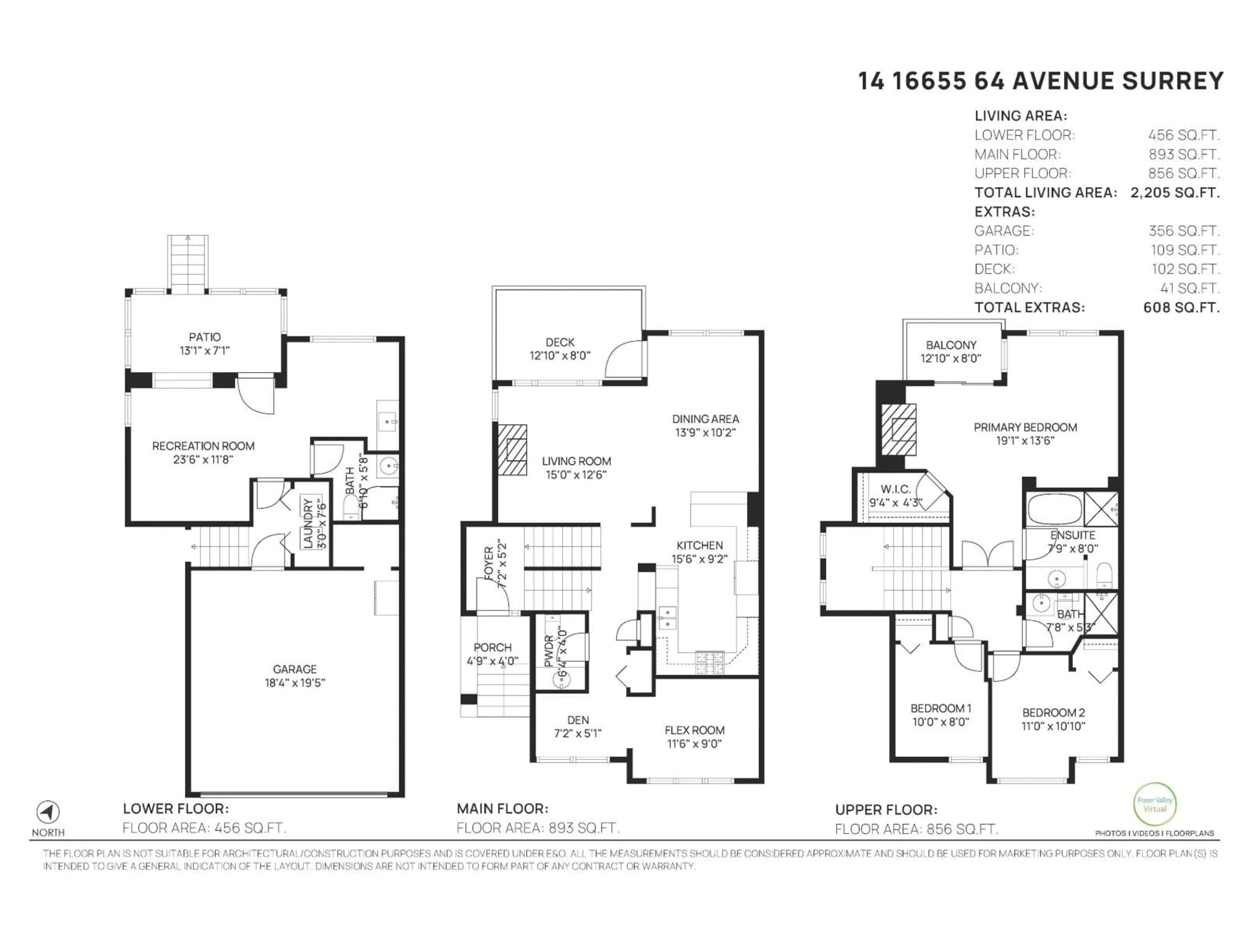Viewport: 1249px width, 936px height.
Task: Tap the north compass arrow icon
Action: coord(48,812)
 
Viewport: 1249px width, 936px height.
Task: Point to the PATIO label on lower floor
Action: coord(204,337)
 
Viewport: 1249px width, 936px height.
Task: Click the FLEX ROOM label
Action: coord(694,730)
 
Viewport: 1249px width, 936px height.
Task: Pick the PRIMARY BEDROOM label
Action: coord(1025,427)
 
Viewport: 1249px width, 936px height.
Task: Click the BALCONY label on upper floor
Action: coord(951,345)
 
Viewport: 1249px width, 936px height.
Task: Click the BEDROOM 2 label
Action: coord(1053,713)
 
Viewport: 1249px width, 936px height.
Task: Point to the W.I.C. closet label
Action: coord(895,489)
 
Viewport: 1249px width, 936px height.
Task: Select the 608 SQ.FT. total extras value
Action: coord(1181,307)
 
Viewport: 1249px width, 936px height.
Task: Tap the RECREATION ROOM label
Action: coord(203,446)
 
